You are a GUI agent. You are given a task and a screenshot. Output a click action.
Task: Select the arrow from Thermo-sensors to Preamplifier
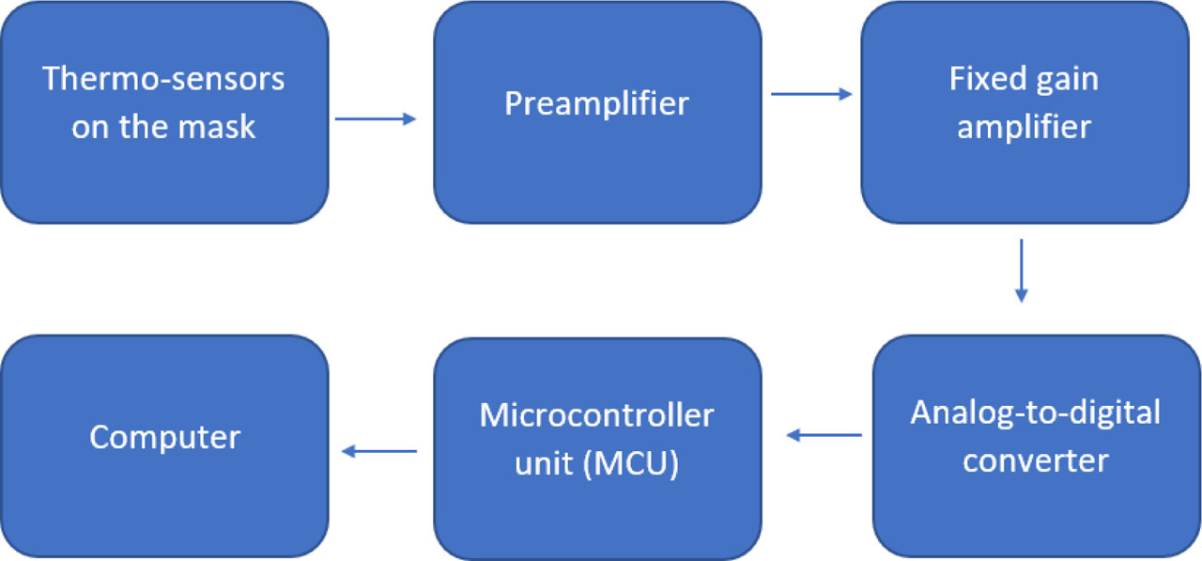tap(376, 118)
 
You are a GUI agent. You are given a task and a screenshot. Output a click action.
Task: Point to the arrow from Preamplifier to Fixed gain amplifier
tap(811, 94)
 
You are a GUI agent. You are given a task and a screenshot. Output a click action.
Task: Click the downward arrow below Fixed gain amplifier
tap(1022, 271)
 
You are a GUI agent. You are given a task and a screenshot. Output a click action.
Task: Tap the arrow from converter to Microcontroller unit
tap(824, 435)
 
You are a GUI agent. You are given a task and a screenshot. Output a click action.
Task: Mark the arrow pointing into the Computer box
tap(379, 452)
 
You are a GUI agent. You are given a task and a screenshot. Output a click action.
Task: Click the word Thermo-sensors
tap(164, 79)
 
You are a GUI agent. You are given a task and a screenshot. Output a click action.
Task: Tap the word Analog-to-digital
tap(1036, 413)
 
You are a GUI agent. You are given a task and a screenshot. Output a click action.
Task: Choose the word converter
tap(1036, 461)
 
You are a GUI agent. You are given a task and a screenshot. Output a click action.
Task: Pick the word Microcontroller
tap(597, 415)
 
